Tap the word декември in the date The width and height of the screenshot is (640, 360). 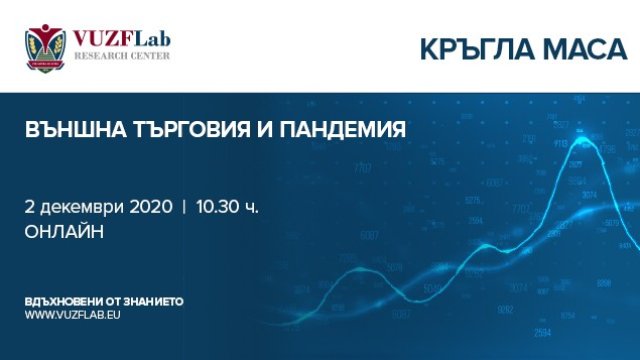click(77, 207)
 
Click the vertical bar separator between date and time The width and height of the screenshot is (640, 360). click(183, 207)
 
